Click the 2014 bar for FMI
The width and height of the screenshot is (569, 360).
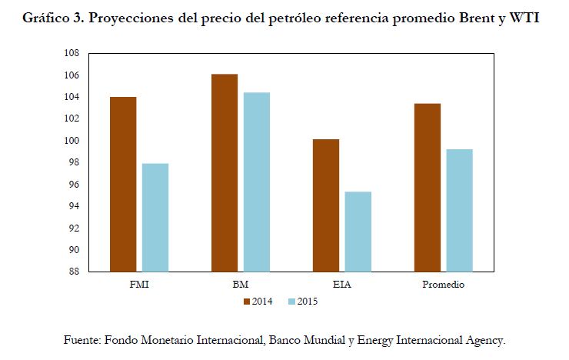click(x=123, y=184)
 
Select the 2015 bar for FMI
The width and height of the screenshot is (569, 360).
click(x=155, y=217)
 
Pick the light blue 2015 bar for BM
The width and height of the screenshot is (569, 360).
click(x=256, y=182)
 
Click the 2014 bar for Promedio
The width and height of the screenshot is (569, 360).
click(x=428, y=187)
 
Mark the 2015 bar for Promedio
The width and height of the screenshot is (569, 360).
click(x=459, y=210)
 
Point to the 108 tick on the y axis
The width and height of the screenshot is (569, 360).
click(x=72, y=54)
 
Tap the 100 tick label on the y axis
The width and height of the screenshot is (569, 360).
click(x=72, y=141)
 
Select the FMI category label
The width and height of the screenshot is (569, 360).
click(x=139, y=284)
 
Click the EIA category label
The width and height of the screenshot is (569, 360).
click(x=341, y=284)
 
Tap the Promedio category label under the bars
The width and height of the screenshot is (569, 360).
click(x=443, y=284)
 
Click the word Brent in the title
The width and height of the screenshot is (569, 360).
click(x=483, y=18)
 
